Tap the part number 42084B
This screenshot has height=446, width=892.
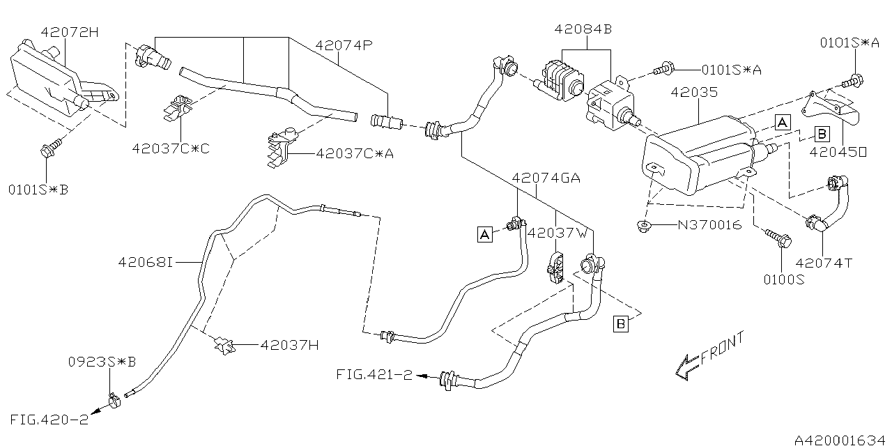(x=583, y=29)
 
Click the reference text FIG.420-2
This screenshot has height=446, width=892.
(x=49, y=420)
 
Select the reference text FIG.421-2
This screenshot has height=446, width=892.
(x=374, y=374)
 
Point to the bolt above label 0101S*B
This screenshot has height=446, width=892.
(x=52, y=149)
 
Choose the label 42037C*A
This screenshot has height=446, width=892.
(x=355, y=153)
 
